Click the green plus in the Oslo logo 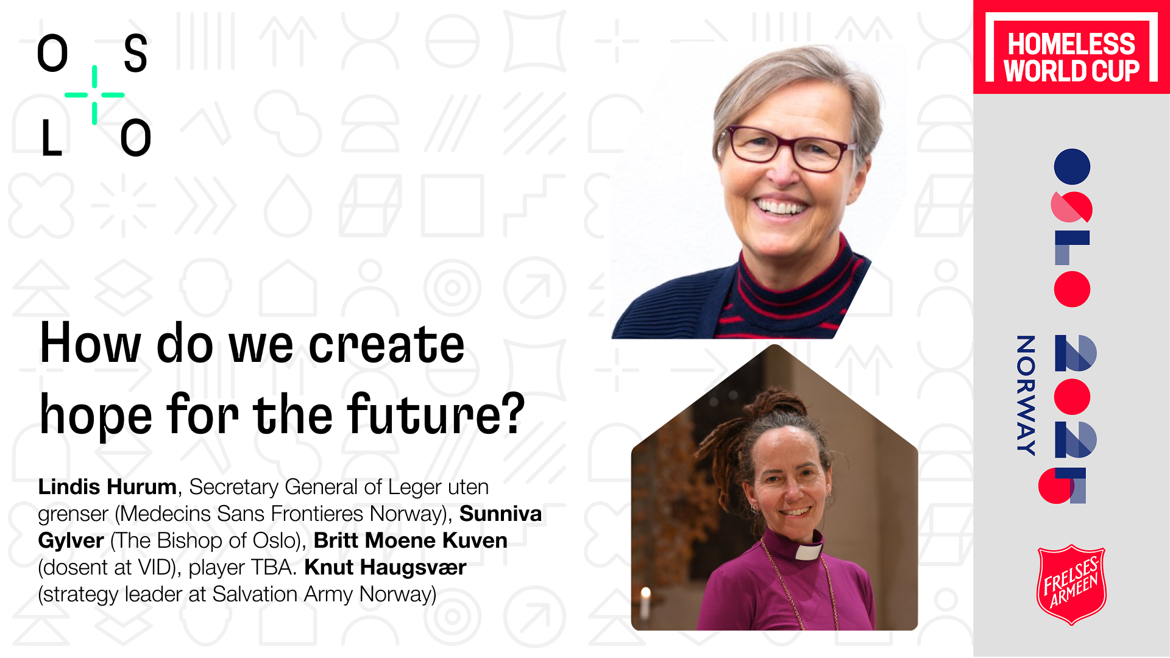94,95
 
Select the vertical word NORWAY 1026,395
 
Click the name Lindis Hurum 107,487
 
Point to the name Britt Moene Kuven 410,540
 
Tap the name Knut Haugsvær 385,567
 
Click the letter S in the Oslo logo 135,54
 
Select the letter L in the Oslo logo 52,137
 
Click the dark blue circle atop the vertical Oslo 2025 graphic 1072,166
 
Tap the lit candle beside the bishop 646,600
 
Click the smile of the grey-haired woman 781,207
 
